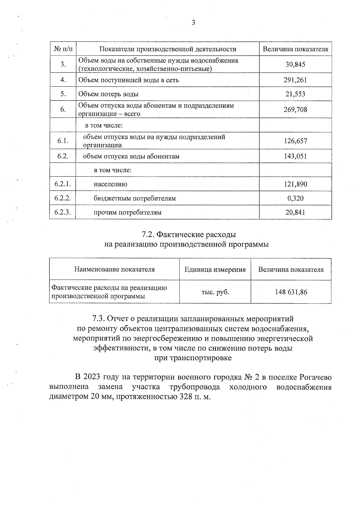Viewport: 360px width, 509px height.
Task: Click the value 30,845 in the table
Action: click(x=295, y=64)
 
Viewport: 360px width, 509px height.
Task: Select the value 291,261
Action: click(x=295, y=80)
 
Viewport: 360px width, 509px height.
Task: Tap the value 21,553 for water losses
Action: click(x=295, y=94)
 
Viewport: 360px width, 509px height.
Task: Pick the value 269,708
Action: click(x=295, y=109)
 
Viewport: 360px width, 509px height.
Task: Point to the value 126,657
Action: click(x=295, y=141)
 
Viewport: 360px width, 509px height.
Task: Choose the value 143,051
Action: click(x=295, y=156)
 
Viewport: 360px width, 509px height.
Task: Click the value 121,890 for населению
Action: click(x=295, y=184)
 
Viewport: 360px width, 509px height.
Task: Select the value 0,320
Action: click(x=295, y=198)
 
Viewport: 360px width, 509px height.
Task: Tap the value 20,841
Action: click(x=295, y=212)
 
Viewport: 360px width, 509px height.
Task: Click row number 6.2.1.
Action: click(x=63, y=184)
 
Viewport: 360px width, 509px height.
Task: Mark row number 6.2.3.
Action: click(x=63, y=212)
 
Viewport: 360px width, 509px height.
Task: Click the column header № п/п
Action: click(x=63, y=49)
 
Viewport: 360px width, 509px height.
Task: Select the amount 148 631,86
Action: click(x=291, y=292)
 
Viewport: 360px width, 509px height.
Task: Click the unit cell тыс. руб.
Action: click(x=215, y=292)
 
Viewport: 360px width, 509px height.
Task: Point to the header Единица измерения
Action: click(x=215, y=269)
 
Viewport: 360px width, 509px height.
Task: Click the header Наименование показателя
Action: click(x=114, y=269)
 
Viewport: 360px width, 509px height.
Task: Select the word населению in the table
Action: click(x=110, y=184)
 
